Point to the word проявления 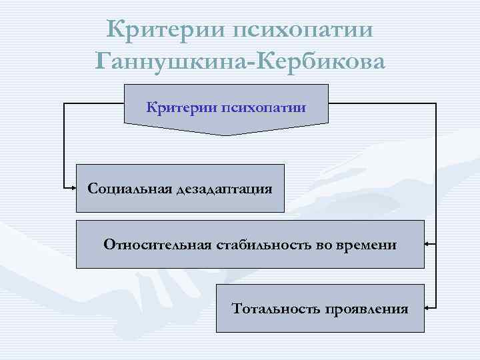tap(366, 309)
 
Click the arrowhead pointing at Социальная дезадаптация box tap(74, 188)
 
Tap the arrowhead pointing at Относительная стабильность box tap(427, 245)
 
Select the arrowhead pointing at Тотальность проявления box tap(427, 308)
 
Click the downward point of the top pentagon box tap(226, 135)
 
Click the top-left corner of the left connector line tap(64, 104)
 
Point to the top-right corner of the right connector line tap(436, 104)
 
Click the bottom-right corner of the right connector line tap(436, 308)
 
